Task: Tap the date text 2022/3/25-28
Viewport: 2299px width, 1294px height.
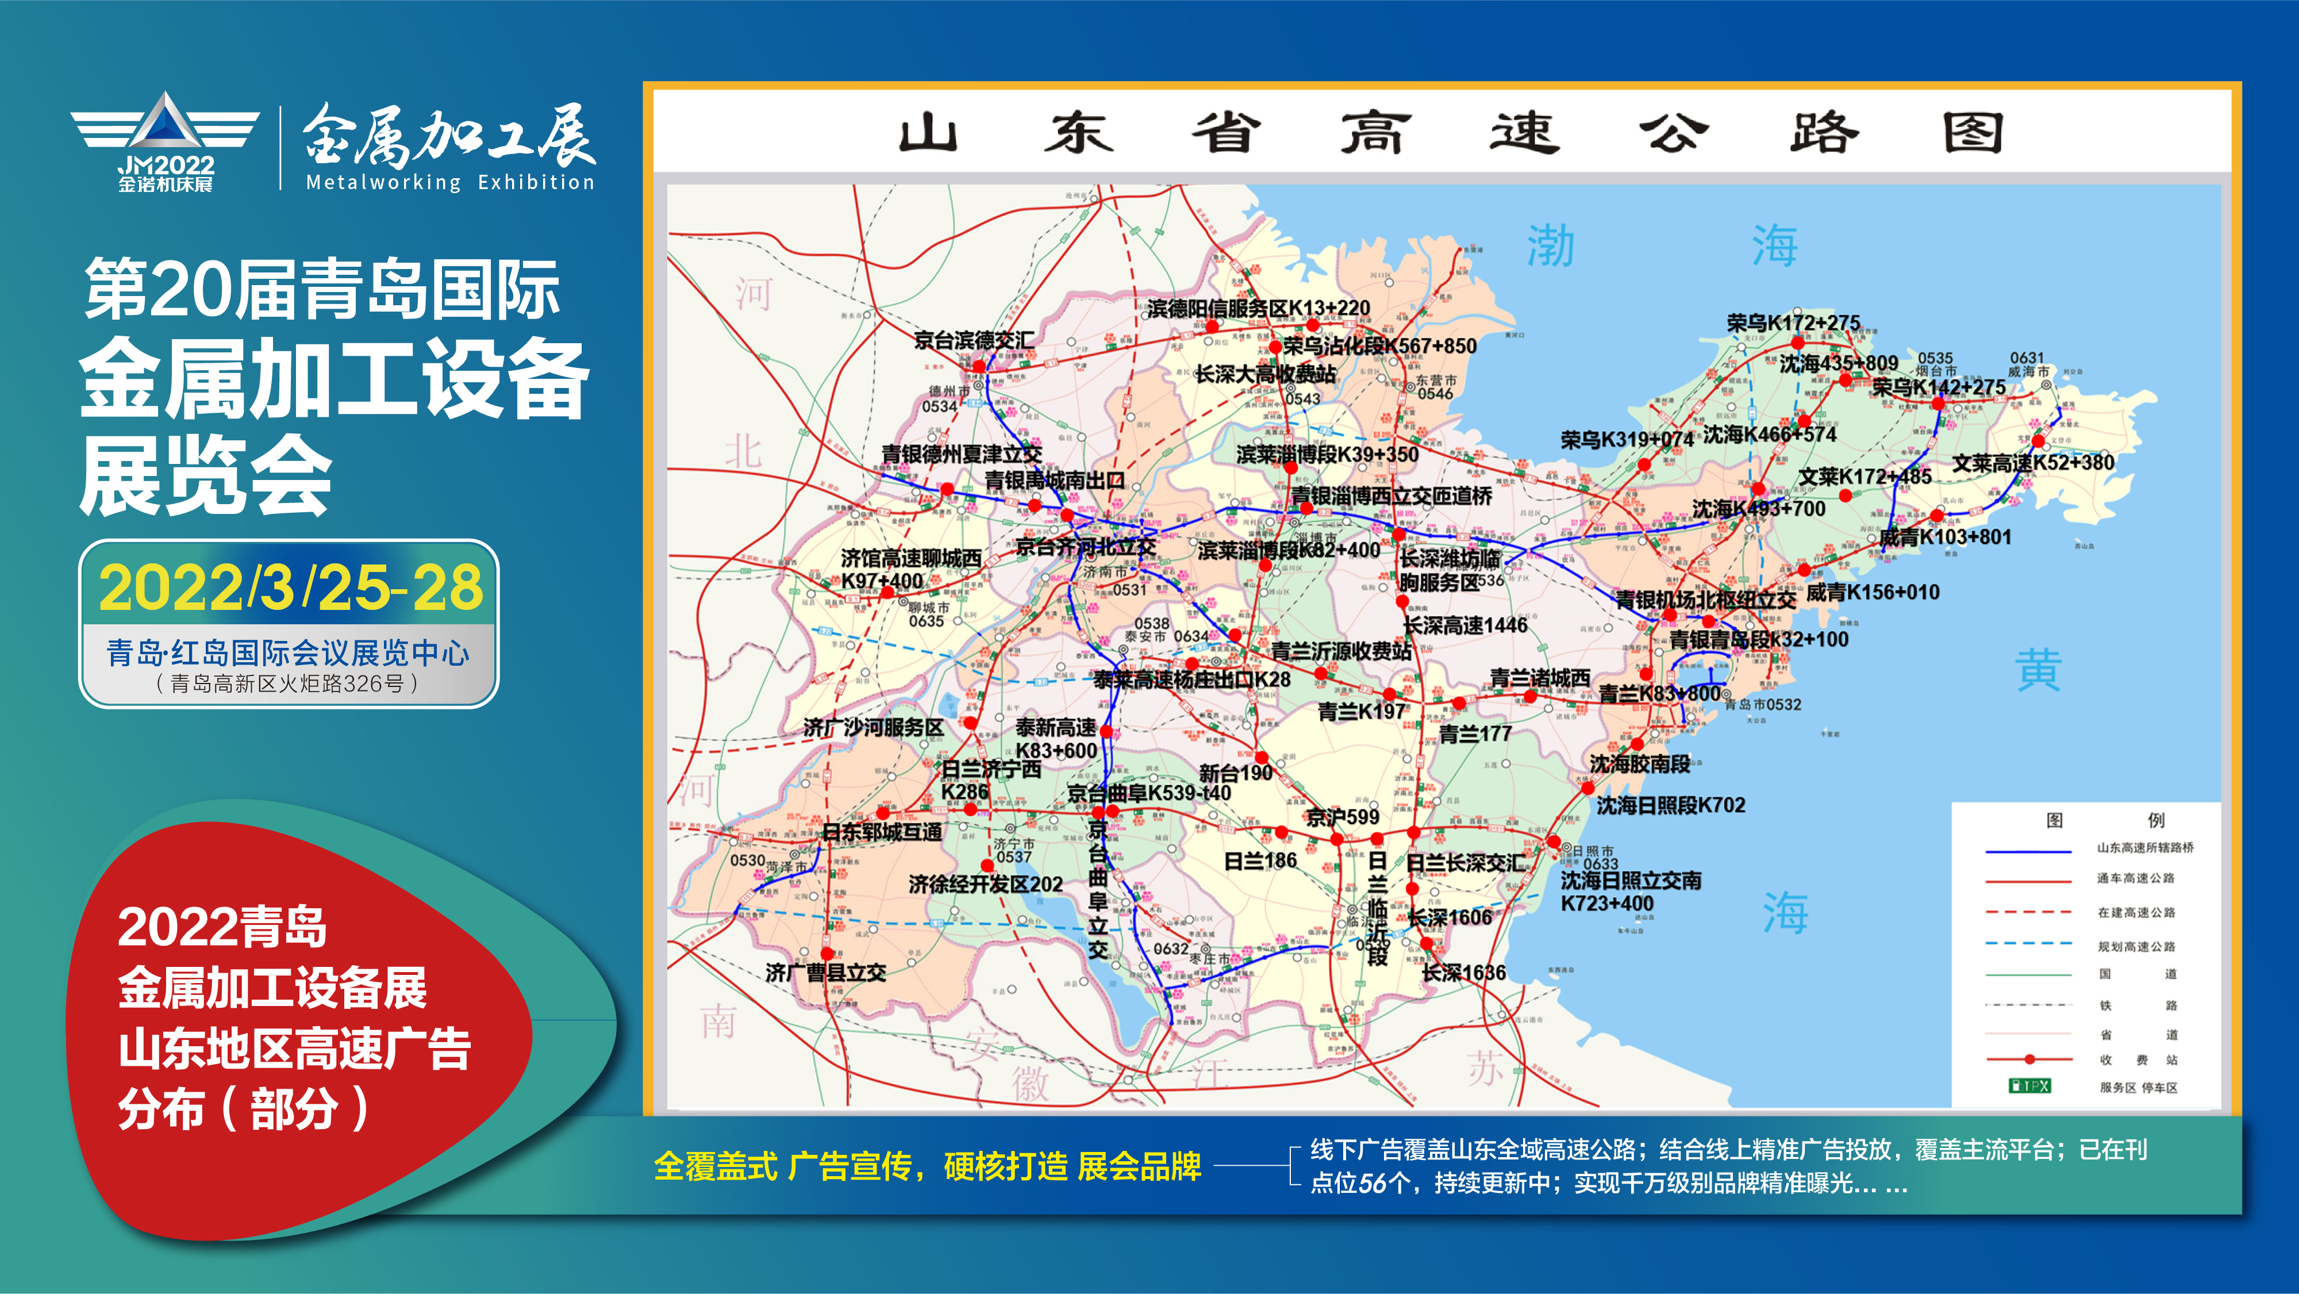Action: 291,588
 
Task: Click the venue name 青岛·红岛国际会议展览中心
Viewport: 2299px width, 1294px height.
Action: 287,653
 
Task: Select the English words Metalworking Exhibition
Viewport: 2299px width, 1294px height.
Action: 450,183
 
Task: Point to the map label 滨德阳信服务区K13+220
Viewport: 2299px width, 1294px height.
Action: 1258,309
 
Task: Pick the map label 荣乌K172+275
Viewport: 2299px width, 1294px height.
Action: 1793,322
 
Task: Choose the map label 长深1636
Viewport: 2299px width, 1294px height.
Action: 1464,973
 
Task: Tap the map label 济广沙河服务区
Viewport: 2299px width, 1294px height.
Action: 873,727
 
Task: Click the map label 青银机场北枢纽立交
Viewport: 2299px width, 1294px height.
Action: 1705,600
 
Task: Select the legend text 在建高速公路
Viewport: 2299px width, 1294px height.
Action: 2136,913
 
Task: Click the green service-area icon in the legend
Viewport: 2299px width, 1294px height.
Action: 2029,1086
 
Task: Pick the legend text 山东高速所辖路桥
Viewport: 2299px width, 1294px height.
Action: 2144,848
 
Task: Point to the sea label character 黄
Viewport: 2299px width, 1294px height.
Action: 2039,671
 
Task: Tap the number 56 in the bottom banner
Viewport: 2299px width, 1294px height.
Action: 1373,1184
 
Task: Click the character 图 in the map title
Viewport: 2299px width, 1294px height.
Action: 1973,134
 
